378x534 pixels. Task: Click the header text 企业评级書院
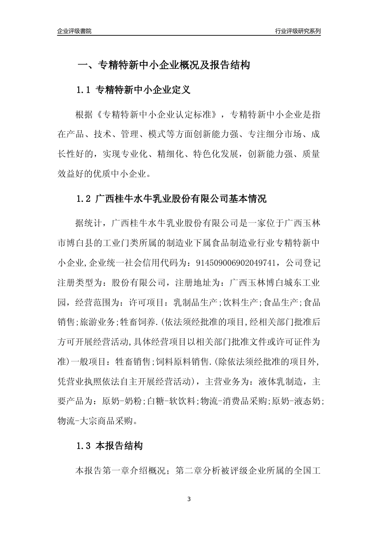click(74, 31)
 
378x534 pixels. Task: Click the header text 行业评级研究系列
click(298, 31)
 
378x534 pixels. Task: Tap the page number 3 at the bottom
click(189, 499)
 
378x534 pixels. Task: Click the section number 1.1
click(84, 90)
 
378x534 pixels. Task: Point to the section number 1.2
click(84, 199)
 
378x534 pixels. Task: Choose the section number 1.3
click(84, 446)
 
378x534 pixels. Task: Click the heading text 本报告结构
click(119, 446)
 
